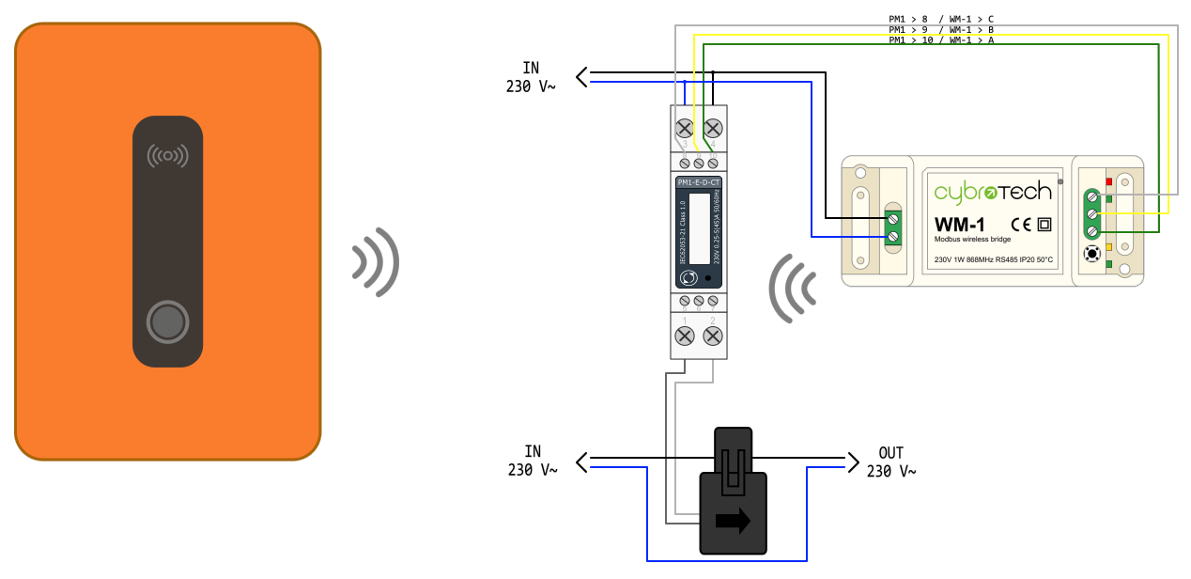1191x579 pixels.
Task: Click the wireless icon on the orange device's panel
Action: pos(167,155)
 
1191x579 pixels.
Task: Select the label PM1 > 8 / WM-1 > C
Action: pos(940,18)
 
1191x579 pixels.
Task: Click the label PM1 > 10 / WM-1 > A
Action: pos(940,40)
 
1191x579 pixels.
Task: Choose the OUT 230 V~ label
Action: pos(890,462)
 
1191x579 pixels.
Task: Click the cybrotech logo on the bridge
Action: pos(993,192)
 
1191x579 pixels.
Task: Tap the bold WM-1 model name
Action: pos(959,226)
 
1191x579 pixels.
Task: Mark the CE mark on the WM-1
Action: pos(1021,226)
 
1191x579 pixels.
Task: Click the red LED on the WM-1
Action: pos(1109,181)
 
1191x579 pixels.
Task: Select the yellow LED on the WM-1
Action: pos(1109,247)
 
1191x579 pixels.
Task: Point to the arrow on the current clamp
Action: pos(733,521)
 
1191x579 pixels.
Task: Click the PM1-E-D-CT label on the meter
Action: pos(699,181)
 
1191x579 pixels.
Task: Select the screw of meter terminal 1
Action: pos(685,336)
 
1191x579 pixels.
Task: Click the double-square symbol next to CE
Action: pos(1044,226)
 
